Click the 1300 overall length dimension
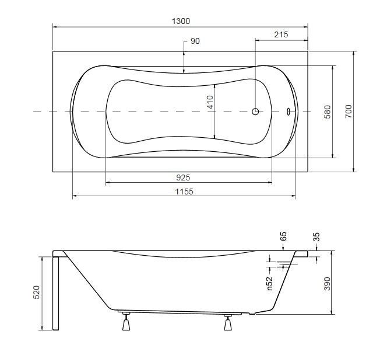[181, 21]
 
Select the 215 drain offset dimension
[281, 34]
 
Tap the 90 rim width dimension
[195, 41]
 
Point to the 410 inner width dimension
[210, 102]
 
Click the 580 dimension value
[328, 112]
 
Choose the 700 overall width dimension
[349, 112]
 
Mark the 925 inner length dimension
[183, 177]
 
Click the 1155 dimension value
[184, 192]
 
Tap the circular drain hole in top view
[255, 112]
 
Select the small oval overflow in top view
[289, 112]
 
